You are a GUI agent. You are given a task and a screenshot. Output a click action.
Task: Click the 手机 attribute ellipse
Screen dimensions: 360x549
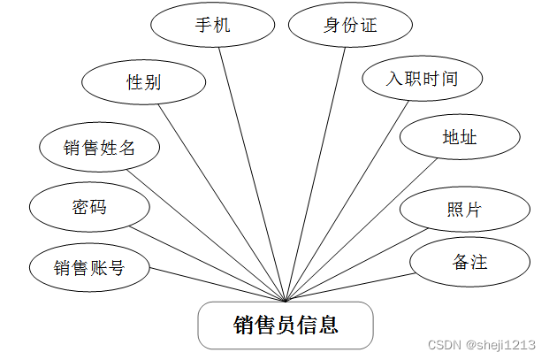coord(213,25)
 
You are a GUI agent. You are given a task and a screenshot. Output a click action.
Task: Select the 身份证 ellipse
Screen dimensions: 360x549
coord(351,25)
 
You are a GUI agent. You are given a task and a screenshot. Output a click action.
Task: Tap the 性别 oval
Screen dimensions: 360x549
coord(144,82)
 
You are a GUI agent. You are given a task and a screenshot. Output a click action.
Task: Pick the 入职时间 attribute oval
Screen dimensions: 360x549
coord(423,79)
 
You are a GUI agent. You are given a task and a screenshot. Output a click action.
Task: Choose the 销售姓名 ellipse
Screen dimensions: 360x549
coord(100,147)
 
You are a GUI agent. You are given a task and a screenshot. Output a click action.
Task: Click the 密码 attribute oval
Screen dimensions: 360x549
coord(89,208)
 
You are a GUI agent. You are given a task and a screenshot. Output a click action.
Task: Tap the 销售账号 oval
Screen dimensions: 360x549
coord(89,266)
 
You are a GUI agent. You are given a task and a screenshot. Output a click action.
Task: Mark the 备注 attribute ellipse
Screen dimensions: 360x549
coord(469,261)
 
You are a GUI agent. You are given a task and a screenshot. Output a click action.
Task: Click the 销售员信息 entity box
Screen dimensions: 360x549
coord(286,325)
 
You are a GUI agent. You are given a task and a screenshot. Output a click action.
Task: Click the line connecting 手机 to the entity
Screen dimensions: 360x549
coord(250,164)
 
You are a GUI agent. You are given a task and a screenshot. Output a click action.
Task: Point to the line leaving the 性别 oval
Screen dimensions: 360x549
coord(221,199)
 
